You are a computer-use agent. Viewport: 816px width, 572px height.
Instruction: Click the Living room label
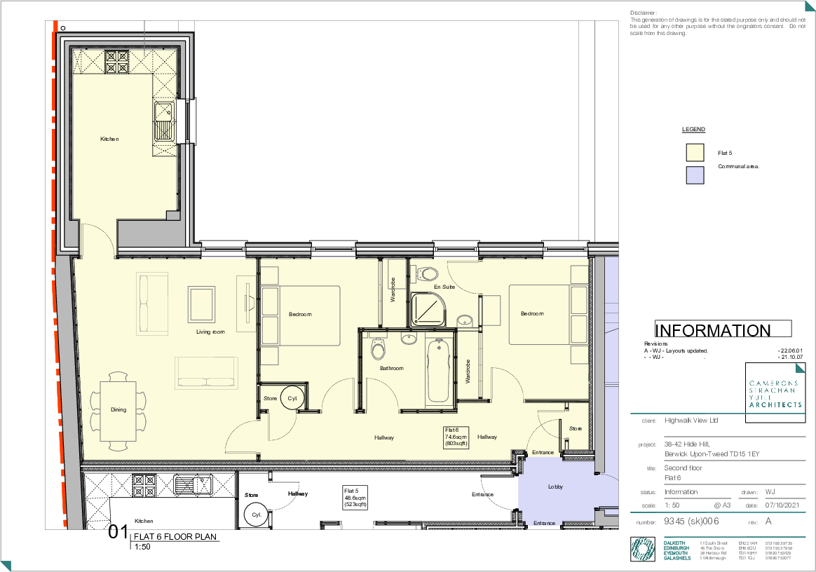pyautogui.click(x=210, y=332)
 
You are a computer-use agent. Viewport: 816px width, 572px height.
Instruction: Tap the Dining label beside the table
pyautogui.click(x=118, y=409)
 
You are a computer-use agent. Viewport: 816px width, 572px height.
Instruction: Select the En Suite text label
pyautogui.click(x=444, y=287)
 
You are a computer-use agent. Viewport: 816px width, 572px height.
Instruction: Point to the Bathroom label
pyautogui.click(x=392, y=368)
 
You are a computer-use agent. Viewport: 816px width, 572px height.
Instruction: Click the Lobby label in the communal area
pyautogui.click(x=556, y=486)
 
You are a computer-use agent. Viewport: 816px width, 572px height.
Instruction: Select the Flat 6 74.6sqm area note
pyautogui.click(x=451, y=436)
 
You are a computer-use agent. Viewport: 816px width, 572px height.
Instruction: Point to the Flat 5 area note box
pyautogui.click(x=355, y=497)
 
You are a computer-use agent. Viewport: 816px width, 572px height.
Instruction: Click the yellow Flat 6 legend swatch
pyautogui.click(x=695, y=152)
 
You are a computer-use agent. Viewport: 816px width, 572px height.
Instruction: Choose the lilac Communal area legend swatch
pyautogui.click(x=695, y=175)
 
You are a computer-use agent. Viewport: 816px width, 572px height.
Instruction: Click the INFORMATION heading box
pyautogui.click(x=723, y=330)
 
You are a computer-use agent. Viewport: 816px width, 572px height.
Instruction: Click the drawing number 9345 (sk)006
pyautogui.click(x=691, y=522)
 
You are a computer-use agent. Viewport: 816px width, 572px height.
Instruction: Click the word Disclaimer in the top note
pyautogui.click(x=644, y=13)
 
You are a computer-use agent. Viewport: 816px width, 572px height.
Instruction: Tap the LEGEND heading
pyautogui.click(x=693, y=130)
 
